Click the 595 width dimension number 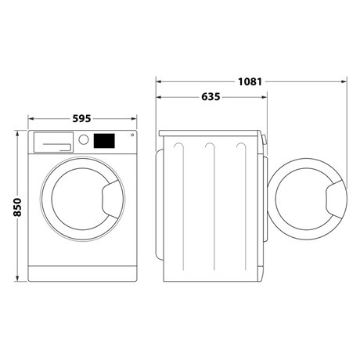[82, 119]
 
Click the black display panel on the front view [103, 141]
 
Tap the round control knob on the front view [83, 140]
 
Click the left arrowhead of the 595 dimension [31, 120]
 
